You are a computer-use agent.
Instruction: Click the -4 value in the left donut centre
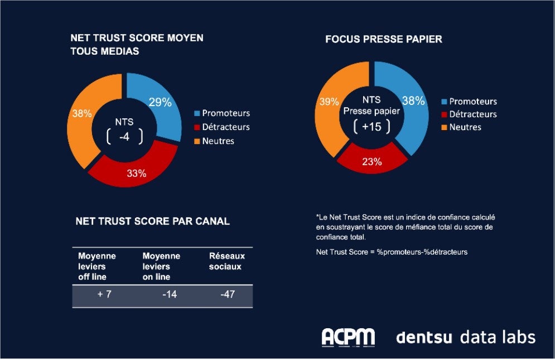pyautogui.click(x=124, y=136)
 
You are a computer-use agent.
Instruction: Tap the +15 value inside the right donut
pyautogui.click(x=371, y=127)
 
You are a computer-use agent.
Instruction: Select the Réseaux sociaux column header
pyautogui.click(x=226, y=261)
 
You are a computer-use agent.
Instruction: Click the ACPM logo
pyautogui.click(x=348, y=337)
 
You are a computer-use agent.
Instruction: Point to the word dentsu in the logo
pyautogui.click(x=424, y=337)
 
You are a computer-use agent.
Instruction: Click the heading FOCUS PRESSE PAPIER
pyautogui.click(x=384, y=40)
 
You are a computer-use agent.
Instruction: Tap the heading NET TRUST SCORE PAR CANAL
pyautogui.click(x=152, y=221)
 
